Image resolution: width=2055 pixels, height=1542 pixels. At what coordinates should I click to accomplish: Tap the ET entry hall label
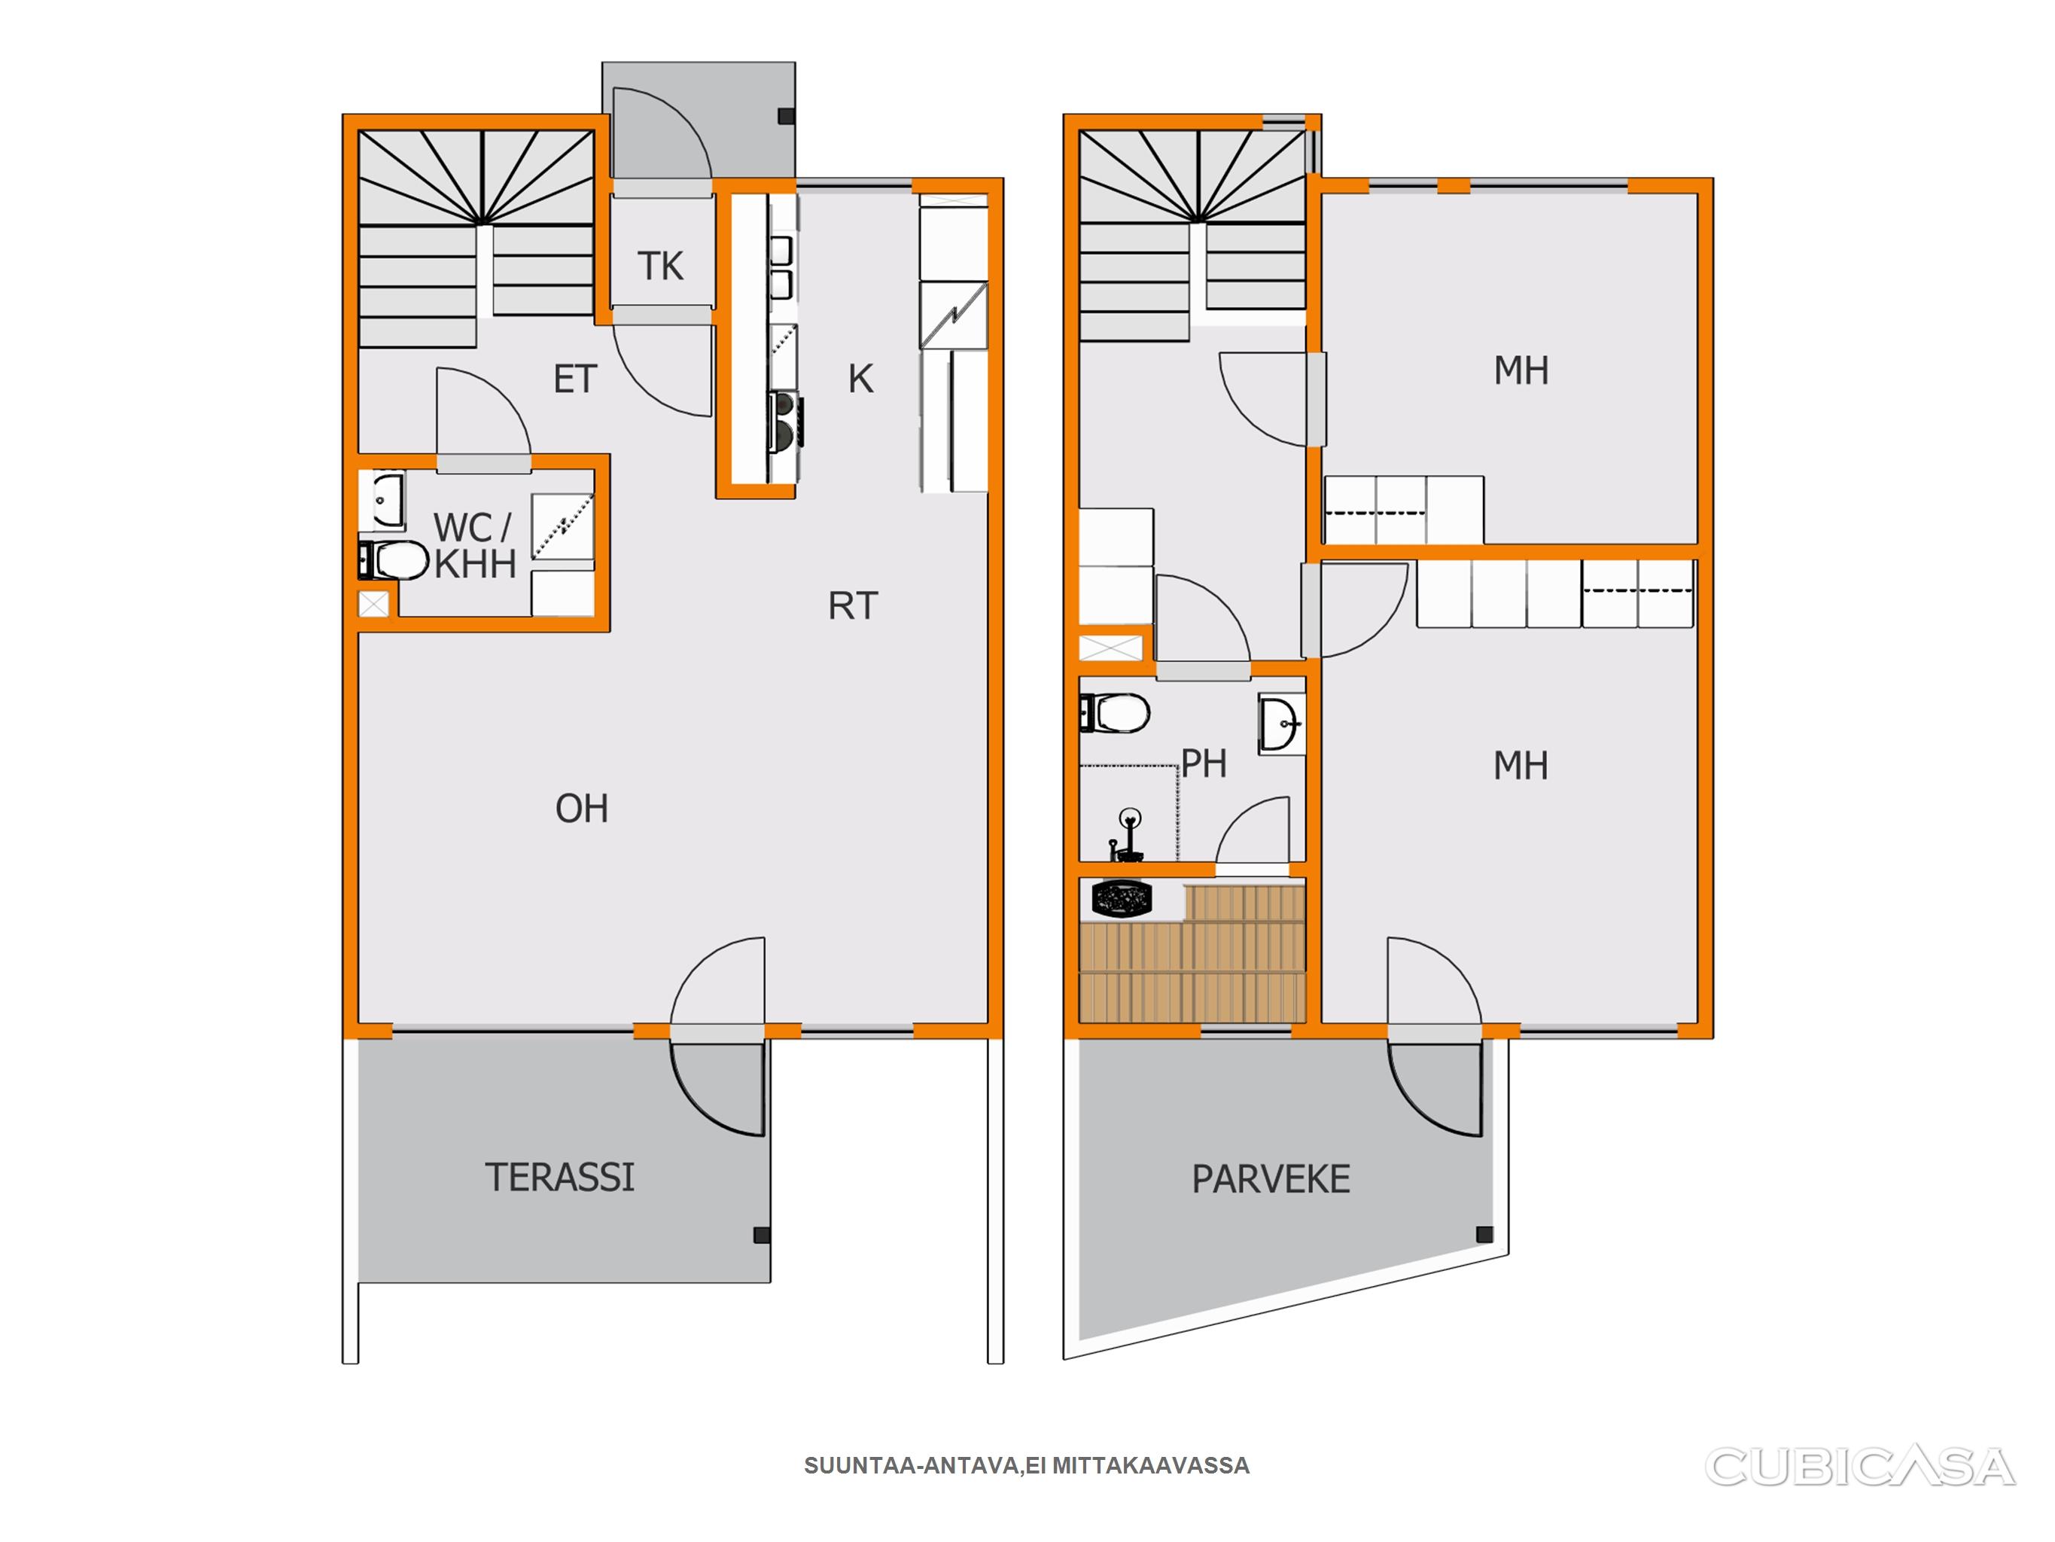575,379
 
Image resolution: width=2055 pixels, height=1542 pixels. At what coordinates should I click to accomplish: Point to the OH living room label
582,809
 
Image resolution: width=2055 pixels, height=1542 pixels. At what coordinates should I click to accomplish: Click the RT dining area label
853,606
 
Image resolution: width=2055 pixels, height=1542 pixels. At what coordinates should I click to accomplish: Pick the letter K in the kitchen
861,379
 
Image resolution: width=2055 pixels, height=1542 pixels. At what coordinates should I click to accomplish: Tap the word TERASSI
560,1178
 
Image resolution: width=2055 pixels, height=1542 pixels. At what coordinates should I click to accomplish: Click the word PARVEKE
1271,1180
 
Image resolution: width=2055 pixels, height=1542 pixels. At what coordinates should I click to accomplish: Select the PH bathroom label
1204,764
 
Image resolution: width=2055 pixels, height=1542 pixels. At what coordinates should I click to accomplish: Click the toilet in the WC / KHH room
393,559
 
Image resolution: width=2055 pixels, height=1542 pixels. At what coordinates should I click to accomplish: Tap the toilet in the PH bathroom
1115,714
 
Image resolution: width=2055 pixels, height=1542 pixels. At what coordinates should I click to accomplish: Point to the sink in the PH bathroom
1281,723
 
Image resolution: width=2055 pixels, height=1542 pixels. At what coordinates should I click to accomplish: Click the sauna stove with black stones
1122,899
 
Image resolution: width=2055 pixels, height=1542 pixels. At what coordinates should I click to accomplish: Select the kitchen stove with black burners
784,419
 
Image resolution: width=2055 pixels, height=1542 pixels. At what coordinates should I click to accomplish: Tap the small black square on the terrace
762,1236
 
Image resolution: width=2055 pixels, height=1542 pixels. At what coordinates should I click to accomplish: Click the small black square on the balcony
1484,1234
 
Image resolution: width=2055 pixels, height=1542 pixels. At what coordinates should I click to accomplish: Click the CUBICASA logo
1860,1466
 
